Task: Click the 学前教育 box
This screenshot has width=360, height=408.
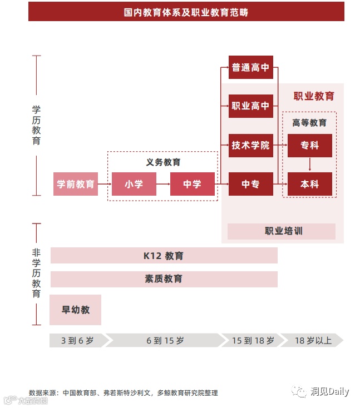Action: coord(76,184)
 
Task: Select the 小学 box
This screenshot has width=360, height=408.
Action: coord(134,184)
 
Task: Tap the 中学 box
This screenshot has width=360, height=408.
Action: coord(192,184)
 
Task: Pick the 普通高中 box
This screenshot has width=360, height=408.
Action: coord(250,67)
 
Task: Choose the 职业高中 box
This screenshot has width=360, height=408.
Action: coord(250,106)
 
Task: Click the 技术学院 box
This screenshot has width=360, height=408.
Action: coord(250,145)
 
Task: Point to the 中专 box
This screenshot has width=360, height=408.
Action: coord(250,184)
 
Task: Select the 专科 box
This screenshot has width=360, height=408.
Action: coord(309,145)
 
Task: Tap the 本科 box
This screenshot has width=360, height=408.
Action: coord(309,184)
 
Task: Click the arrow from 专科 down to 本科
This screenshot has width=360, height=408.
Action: coord(309,165)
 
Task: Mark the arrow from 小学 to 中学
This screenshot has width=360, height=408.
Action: coord(163,184)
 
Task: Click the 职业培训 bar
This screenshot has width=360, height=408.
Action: coord(282,231)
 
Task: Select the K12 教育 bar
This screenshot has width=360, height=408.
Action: coord(164,256)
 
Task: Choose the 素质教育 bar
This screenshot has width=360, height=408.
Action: coord(164,279)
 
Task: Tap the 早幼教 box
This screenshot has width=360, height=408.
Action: coord(76,310)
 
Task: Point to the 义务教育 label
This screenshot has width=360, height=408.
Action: coord(163,162)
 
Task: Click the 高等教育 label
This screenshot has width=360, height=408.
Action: coord(309,122)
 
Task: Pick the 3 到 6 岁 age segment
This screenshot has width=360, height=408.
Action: coord(77,340)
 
